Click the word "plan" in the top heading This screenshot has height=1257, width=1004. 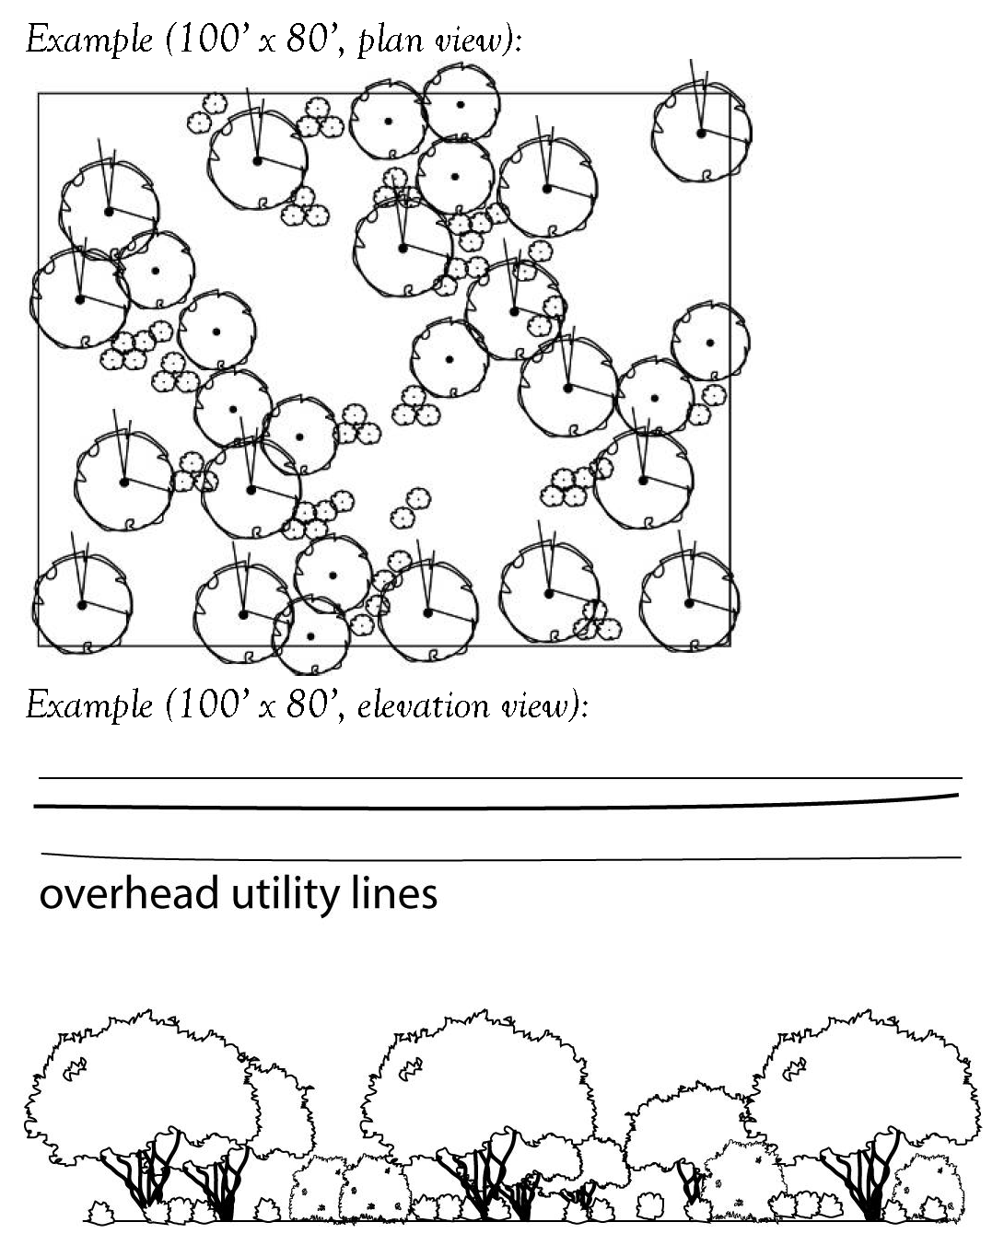(x=385, y=42)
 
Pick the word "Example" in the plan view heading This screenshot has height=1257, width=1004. (x=89, y=41)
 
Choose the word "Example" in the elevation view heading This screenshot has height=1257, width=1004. (x=89, y=706)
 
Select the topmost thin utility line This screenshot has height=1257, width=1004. (x=497, y=778)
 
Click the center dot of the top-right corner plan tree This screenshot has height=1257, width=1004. (x=701, y=134)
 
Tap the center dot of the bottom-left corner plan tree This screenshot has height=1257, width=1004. (x=82, y=605)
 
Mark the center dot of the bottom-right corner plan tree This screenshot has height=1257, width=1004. (x=689, y=603)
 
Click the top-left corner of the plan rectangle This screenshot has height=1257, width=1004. (x=39, y=94)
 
